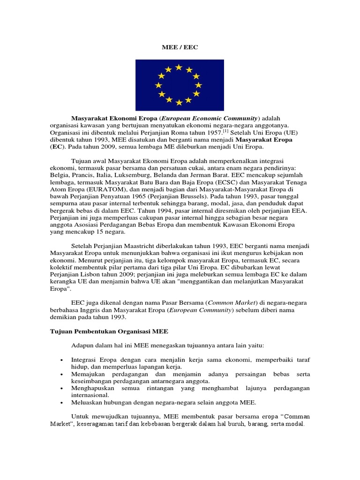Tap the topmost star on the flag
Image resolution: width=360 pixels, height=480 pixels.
(179, 67)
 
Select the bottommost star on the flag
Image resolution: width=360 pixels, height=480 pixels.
(179, 102)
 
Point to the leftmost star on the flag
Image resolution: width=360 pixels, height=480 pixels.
(158, 85)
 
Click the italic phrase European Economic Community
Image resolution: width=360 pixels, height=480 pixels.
(210, 118)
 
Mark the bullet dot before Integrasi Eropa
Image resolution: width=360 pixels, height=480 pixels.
(62, 360)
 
